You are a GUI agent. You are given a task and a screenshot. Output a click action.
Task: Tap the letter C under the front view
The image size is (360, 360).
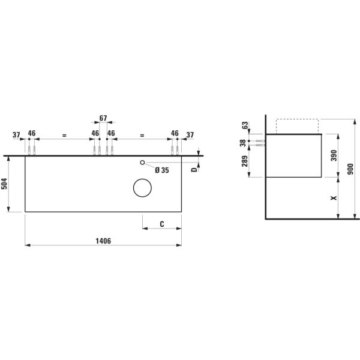[x=162, y=224]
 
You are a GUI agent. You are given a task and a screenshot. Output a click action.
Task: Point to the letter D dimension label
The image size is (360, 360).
[x=194, y=170]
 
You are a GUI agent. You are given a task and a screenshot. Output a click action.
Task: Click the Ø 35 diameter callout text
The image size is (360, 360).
[x=162, y=170]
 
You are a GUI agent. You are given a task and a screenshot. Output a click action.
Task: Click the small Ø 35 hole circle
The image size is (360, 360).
[x=142, y=163]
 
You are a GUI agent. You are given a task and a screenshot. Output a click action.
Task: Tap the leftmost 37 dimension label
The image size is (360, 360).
[x=17, y=133]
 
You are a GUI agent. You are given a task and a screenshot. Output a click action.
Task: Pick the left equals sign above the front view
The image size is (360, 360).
[x=64, y=136]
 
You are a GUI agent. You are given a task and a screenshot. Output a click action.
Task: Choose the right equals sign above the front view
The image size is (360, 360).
[x=142, y=136]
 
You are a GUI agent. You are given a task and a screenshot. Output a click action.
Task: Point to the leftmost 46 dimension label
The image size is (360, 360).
[x=32, y=133]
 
